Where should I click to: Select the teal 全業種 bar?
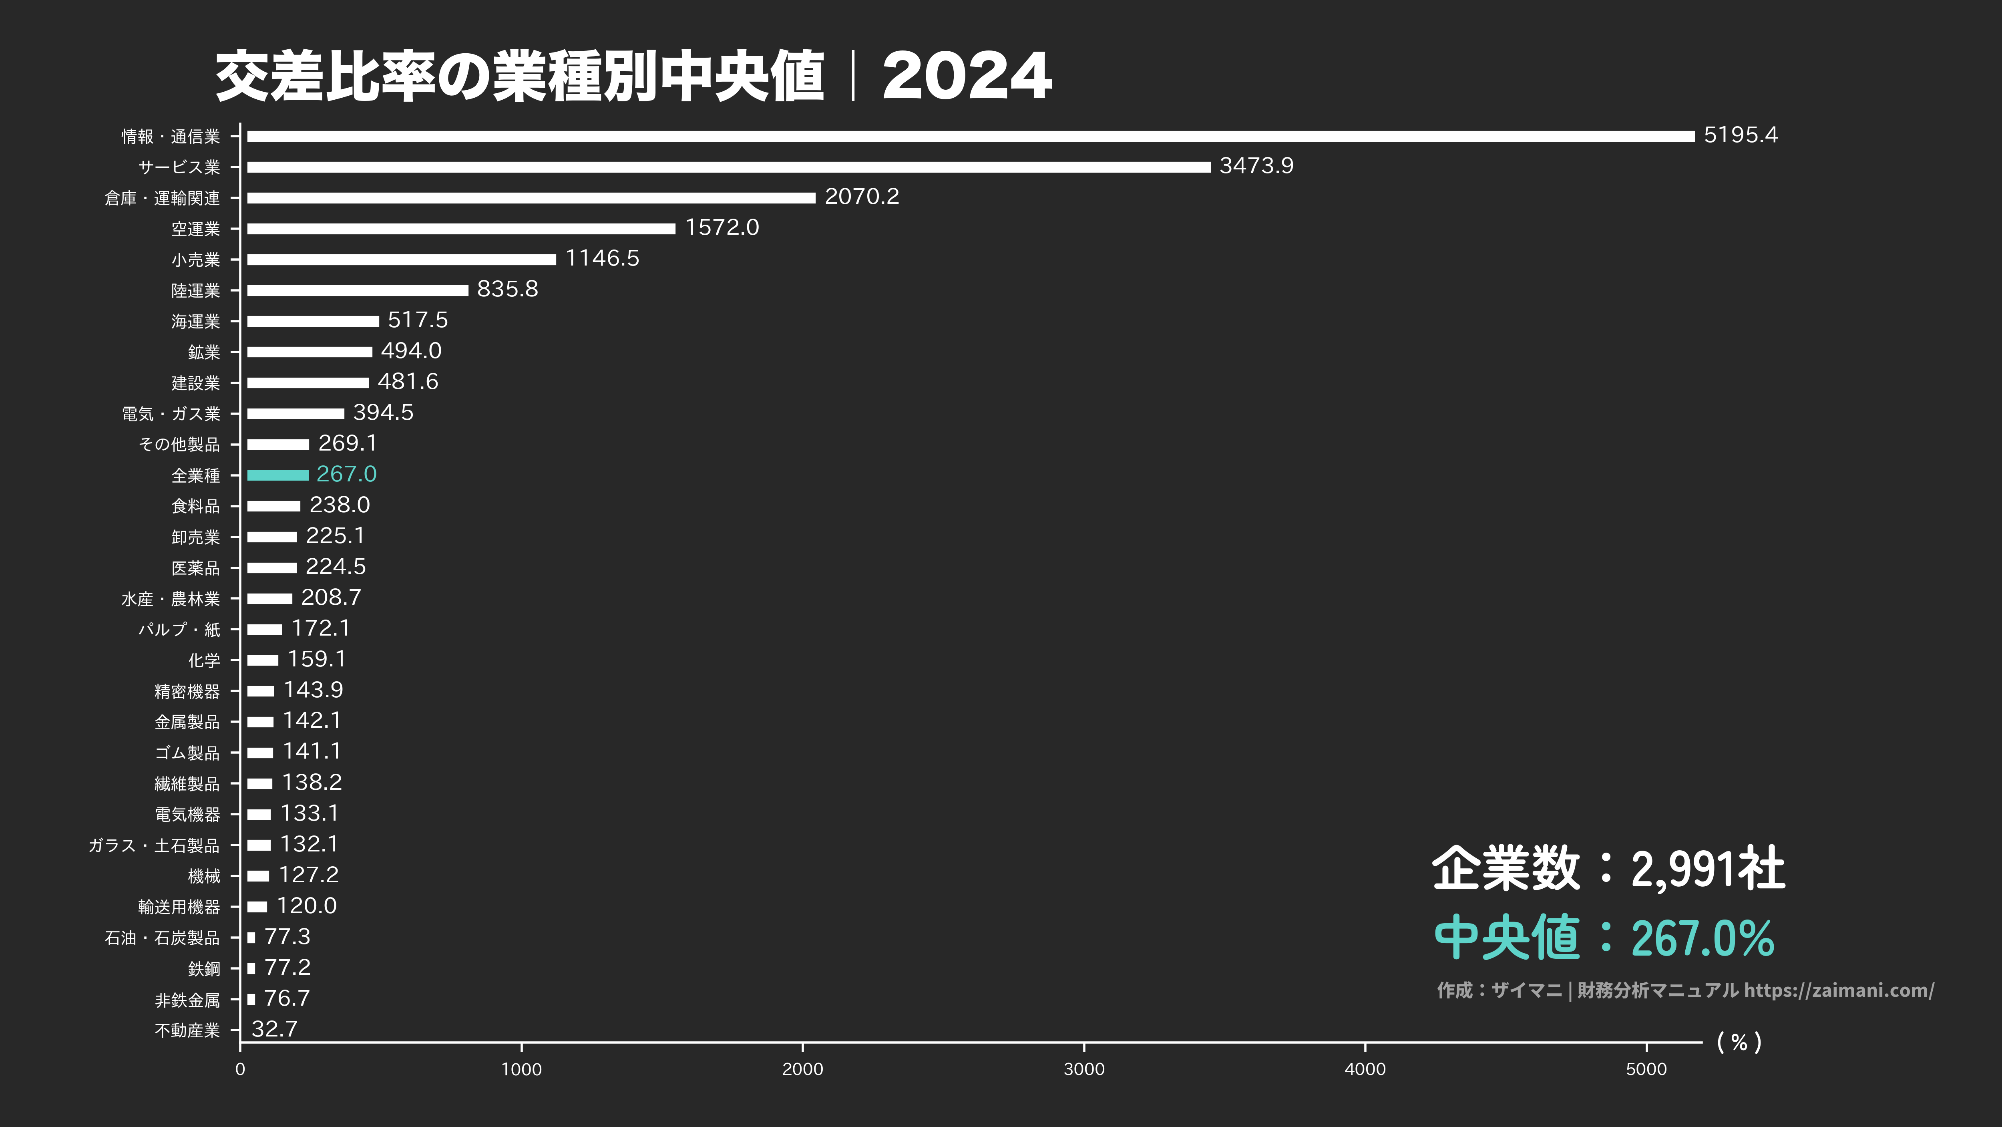point(277,475)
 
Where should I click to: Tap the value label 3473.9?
point(1256,165)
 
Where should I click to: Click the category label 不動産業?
point(187,1030)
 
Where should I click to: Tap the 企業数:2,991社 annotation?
point(1607,868)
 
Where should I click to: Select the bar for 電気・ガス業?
point(295,413)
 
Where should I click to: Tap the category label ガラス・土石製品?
point(154,845)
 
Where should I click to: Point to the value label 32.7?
point(274,1029)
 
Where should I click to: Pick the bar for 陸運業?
point(358,290)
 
